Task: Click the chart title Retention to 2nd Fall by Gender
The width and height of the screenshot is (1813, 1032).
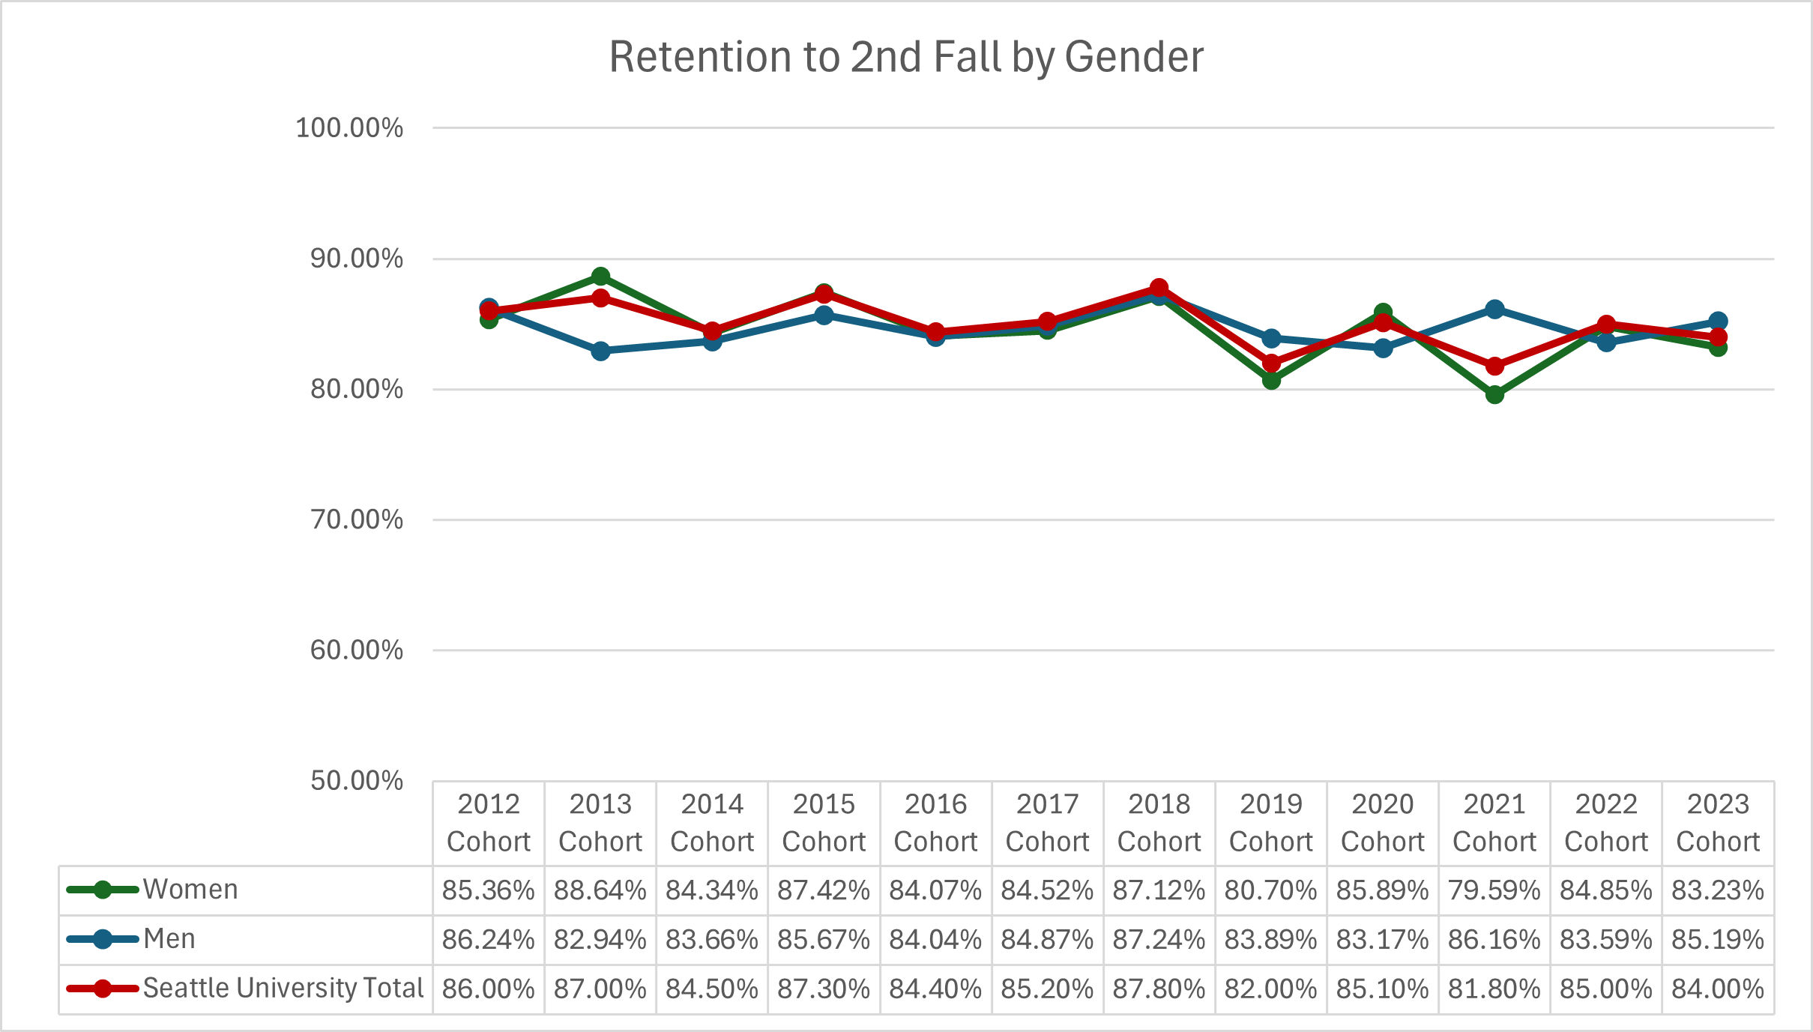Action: pos(905,57)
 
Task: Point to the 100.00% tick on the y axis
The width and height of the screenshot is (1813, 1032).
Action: pos(349,128)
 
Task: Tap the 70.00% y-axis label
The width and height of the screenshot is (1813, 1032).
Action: pos(357,519)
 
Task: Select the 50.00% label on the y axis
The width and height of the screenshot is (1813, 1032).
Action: pos(357,781)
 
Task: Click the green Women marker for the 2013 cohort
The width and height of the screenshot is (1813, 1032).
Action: pos(600,277)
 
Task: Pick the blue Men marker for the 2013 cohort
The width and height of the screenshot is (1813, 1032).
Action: pos(600,351)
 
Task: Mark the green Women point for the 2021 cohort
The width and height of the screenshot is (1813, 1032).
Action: pos(1494,394)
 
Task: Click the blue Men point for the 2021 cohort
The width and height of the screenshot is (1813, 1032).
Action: pos(1494,309)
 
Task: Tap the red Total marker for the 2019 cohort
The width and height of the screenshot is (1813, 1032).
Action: pos(1271,363)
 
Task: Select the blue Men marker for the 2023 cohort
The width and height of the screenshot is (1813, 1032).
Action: pos(1718,322)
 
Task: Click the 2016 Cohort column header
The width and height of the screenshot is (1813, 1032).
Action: pos(935,823)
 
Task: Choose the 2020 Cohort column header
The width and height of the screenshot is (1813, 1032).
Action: pos(1383,823)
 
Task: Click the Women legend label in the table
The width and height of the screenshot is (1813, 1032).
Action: pos(190,890)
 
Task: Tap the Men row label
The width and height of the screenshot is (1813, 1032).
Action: pos(169,939)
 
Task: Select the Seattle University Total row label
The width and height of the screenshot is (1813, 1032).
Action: pos(283,989)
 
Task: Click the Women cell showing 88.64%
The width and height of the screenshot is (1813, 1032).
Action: pos(600,890)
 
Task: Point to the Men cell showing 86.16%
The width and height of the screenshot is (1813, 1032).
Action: pos(1494,940)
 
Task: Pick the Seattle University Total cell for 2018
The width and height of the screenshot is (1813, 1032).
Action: pos(1159,989)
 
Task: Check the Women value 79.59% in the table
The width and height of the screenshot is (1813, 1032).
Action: pos(1494,890)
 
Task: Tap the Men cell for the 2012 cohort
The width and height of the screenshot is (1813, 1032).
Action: pos(489,940)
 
